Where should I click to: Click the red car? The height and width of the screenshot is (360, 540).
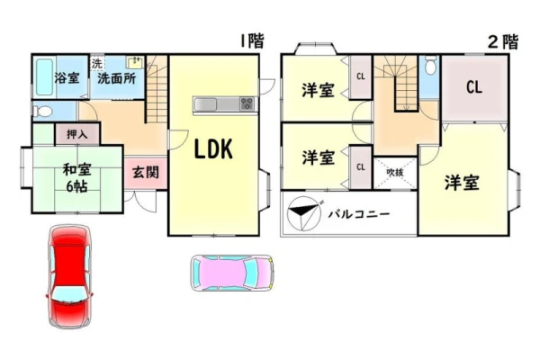69,276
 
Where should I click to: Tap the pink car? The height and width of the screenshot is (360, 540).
232,273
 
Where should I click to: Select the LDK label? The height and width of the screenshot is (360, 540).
213,149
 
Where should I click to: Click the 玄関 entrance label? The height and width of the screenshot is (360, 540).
146,172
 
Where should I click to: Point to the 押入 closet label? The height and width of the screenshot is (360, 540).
77,134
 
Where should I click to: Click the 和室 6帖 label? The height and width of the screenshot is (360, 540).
76,178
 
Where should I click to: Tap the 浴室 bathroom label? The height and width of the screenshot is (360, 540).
67,78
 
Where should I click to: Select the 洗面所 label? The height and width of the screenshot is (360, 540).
116,78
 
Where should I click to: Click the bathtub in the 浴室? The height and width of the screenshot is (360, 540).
45,77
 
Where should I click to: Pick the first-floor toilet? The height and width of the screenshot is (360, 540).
42,112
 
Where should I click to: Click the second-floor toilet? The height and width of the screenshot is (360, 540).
430,66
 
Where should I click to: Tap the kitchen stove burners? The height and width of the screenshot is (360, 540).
247,103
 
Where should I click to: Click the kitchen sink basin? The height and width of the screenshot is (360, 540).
205,103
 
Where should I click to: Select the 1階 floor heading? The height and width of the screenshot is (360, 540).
252,41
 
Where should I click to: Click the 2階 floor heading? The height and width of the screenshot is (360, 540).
503,42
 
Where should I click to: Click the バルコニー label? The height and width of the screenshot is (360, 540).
359,214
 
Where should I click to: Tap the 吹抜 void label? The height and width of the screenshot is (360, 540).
395,172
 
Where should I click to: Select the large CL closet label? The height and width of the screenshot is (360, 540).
474,87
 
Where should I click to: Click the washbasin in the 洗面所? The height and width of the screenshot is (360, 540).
135,63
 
